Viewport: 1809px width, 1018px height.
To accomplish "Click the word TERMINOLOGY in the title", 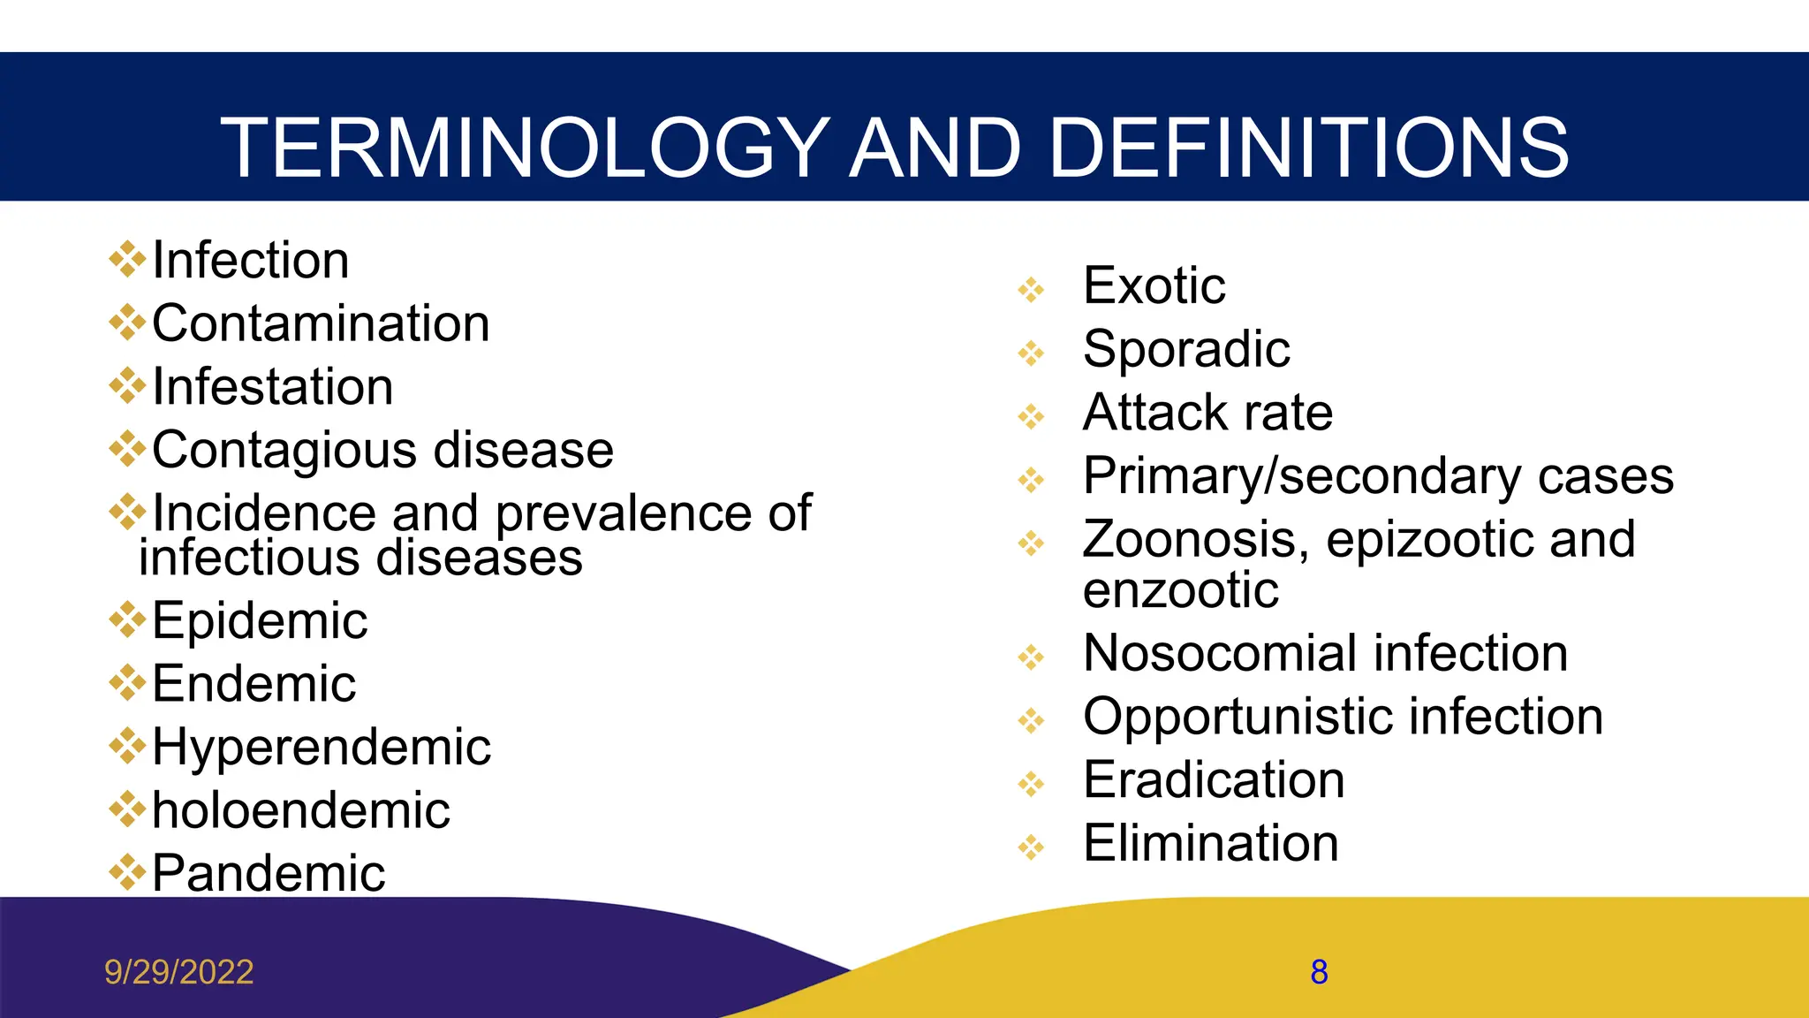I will point(526,148).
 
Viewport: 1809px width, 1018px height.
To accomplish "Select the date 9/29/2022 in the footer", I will point(179,972).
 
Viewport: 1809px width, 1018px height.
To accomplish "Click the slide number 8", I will point(1319,972).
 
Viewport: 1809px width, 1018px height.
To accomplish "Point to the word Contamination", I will point(321,323).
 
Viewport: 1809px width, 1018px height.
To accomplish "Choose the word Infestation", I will point(273,387).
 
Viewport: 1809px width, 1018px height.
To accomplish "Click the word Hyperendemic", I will point(322,748).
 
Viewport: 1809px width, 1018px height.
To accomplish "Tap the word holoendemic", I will point(301,810).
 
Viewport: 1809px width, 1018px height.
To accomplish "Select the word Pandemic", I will point(269,873).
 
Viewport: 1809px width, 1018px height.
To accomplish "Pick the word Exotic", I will point(1154,285).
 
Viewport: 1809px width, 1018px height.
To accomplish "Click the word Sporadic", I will point(1186,349).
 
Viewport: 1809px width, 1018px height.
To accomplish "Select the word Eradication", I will point(1214,780).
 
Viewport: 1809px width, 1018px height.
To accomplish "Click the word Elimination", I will point(1211,843).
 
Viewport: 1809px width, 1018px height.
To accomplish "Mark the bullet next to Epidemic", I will point(127,619).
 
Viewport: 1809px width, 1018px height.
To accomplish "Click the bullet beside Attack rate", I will point(1031,416).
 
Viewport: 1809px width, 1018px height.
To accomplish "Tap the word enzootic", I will point(1180,590).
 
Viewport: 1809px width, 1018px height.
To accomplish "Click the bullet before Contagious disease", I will point(127,449).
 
